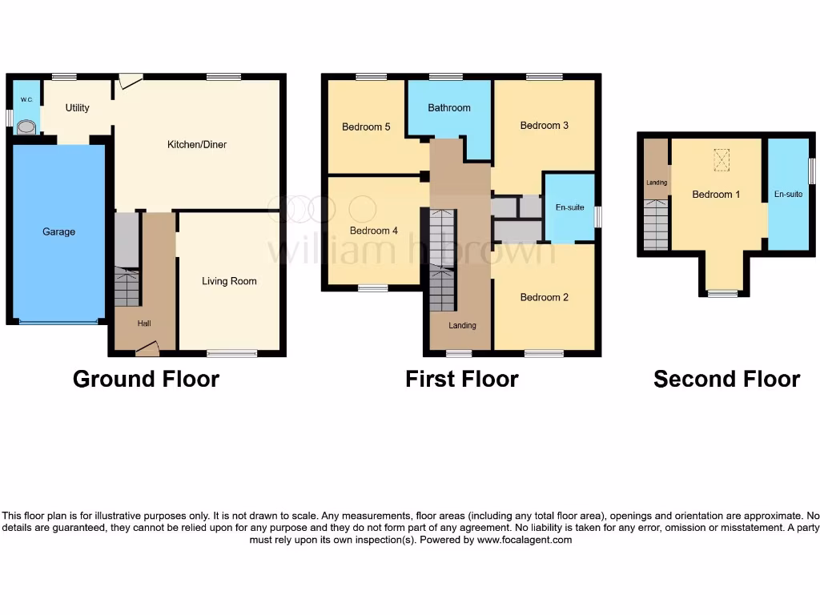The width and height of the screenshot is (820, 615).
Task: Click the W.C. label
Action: coord(26,100)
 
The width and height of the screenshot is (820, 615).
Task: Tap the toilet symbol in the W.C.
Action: coord(27,127)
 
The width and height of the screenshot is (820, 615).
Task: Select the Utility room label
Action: coord(78,108)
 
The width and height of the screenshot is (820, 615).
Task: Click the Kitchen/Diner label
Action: coord(196,145)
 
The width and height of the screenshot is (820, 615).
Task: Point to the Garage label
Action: coord(58,232)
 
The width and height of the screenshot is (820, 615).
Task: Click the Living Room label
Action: coord(229,281)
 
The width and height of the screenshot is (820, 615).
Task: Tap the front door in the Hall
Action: coord(147,348)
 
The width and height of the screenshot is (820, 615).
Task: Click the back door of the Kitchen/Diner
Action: coord(130,81)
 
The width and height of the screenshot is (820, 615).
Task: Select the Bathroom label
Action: coord(448,108)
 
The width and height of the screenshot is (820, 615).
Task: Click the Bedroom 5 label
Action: coord(366,127)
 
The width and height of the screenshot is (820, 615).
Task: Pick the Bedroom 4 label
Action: coord(374,231)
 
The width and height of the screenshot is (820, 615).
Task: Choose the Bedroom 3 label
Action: coord(544,126)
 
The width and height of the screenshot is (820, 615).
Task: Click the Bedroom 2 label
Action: coord(544,298)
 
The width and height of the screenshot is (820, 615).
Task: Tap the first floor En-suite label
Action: coord(569,207)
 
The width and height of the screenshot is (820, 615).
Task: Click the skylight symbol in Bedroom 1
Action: coord(722,160)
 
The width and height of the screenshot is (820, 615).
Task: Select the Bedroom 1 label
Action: coord(715,195)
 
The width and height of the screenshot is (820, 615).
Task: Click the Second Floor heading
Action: coord(726,379)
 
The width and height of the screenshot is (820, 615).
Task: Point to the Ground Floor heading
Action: coord(146,379)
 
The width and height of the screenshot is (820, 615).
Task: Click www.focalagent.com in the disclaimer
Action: coord(524,540)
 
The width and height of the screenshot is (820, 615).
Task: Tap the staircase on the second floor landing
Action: coord(656,225)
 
